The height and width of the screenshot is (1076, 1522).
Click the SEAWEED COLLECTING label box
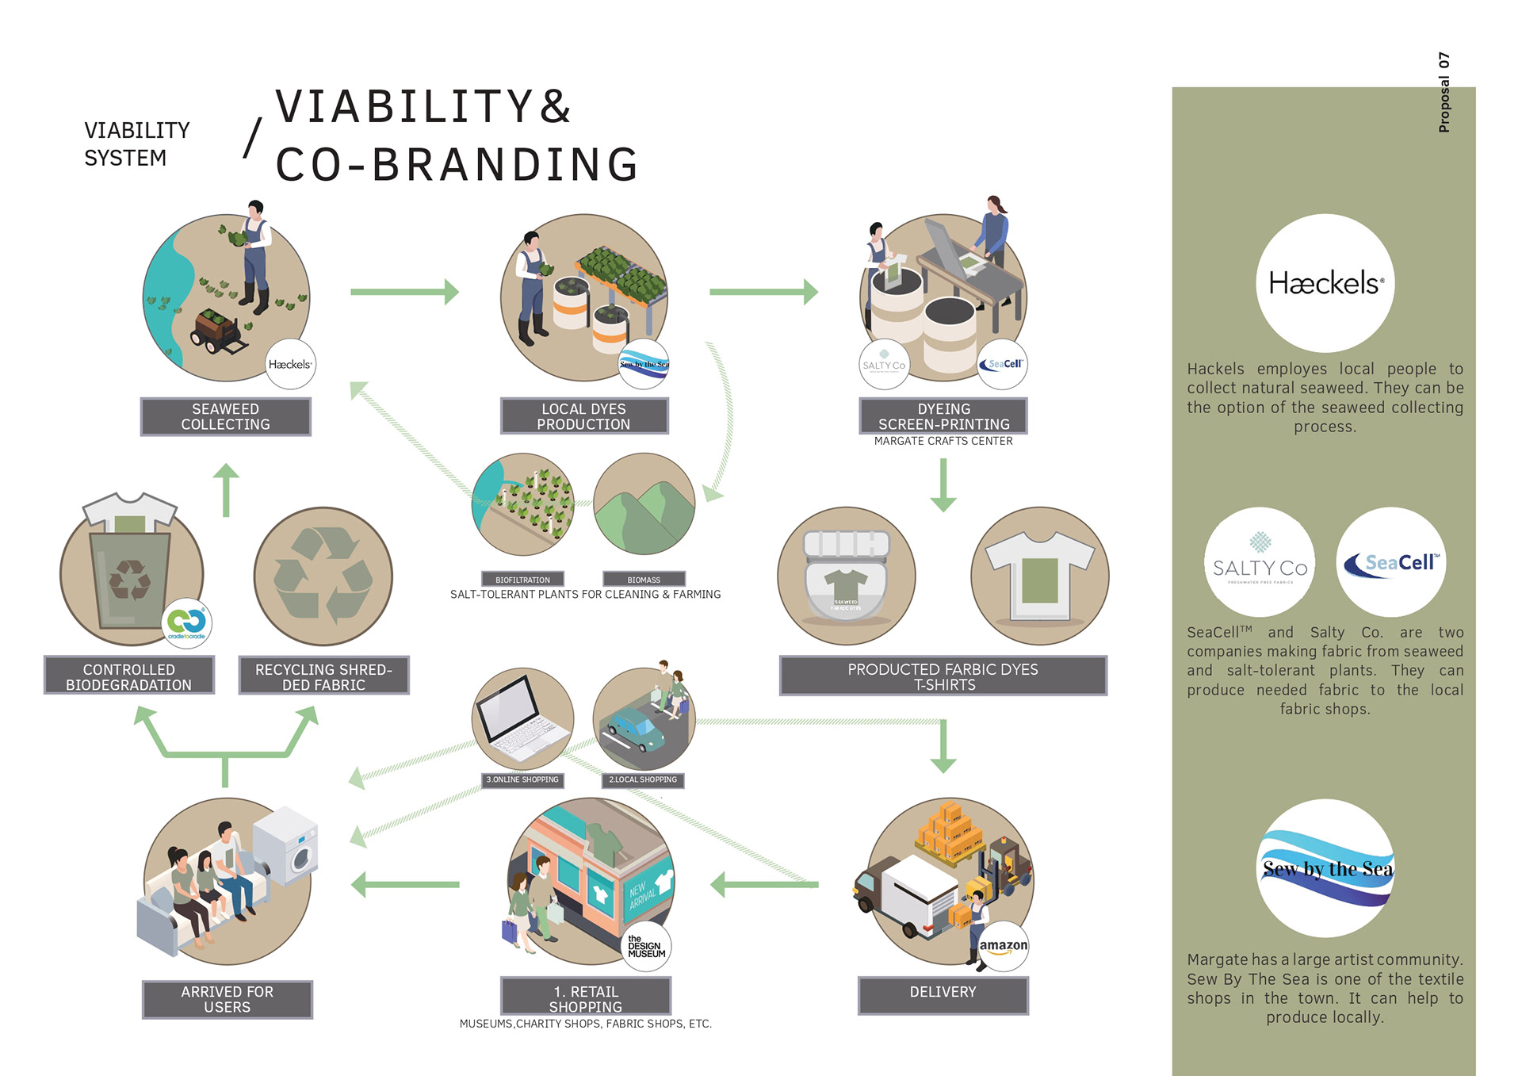tap(225, 416)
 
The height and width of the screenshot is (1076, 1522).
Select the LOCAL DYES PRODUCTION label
tap(583, 416)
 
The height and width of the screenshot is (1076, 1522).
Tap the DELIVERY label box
tap(943, 995)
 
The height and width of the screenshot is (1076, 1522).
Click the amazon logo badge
tap(1003, 946)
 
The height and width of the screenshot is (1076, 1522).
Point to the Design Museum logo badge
tap(646, 946)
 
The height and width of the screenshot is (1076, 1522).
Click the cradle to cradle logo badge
tap(187, 623)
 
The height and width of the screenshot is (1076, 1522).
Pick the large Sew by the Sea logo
tap(1325, 868)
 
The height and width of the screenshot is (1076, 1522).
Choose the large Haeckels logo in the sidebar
tap(1325, 283)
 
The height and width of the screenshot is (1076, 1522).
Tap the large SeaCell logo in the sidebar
tap(1391, 562)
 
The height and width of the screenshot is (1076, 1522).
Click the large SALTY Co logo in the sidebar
tap(1260, 562)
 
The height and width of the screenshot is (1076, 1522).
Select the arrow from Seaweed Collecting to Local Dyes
tap(404, 292)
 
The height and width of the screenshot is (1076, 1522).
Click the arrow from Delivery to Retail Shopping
tap(764, 884)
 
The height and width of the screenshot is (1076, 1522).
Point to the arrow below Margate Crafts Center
tap(943, 484)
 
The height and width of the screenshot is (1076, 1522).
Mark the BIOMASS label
tap(644, 580)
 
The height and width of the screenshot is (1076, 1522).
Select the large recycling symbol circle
tap(323, 576)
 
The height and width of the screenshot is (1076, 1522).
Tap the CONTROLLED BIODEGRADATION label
tap(128, 676)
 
